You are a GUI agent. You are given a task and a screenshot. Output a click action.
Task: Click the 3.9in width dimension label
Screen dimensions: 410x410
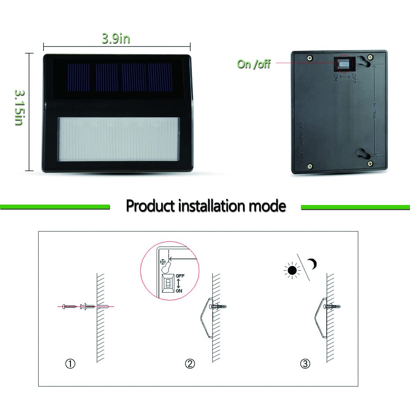point(116,39)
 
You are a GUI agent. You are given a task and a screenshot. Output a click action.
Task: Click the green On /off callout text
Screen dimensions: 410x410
point(254,64)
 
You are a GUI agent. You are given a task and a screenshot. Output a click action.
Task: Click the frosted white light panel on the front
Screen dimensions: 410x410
point(119,139)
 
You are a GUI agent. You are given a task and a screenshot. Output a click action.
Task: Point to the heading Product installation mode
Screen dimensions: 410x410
point(205,205)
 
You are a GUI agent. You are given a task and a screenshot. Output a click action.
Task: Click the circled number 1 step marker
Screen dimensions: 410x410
point(72,363)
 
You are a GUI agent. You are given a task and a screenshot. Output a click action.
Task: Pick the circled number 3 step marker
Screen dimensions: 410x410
point(305,363)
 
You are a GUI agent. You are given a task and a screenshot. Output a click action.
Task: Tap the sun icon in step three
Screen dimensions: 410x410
point(292,270)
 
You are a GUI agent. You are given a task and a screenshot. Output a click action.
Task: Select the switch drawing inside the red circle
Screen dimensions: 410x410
point(168,284)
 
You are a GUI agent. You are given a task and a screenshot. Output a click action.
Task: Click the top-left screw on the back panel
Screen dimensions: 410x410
point(310,57)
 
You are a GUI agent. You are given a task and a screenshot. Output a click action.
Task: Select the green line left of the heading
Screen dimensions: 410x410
point(55,206)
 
